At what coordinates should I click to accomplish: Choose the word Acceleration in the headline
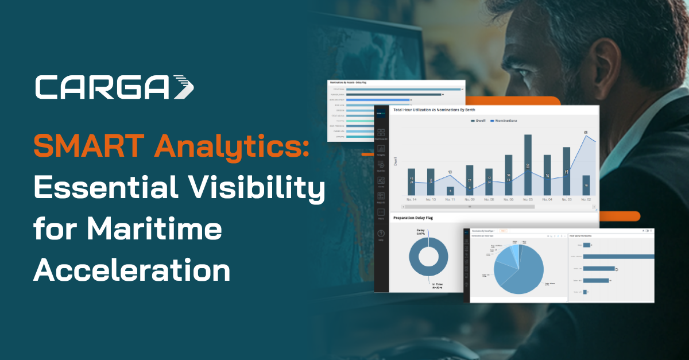point(131,270)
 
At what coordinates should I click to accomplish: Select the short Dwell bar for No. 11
point(450,191)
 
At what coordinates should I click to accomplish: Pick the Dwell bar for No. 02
point(586,185)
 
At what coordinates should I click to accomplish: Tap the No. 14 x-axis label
point(411,200)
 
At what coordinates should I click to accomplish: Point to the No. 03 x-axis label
point(566,200)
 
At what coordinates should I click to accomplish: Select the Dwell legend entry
point(478,121)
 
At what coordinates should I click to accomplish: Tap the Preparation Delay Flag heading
point(419,218)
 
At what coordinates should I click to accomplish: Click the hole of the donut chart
point(428,256)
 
